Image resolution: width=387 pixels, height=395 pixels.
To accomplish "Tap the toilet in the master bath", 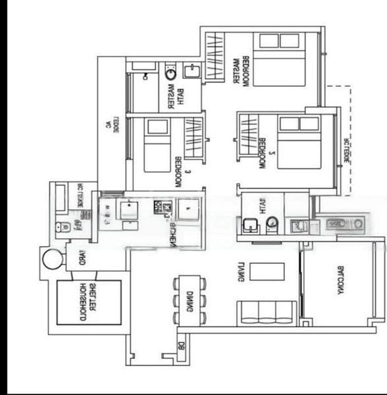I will coord(170,73).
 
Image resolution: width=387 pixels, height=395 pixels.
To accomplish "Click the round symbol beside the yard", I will coord(53,258).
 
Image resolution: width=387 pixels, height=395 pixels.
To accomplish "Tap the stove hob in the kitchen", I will coord(162,209).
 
